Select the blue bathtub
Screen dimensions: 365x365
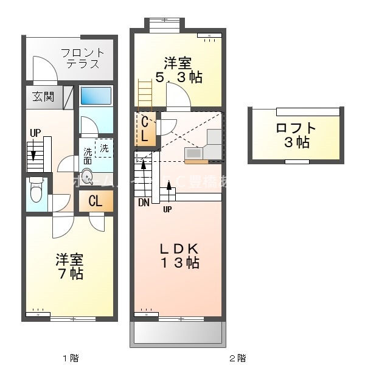[x=96, y=96]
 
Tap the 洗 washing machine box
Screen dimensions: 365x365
[x=105, y=148]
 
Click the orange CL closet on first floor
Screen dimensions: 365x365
[x=96, y=201]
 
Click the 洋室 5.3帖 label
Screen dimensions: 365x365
[x=178, y=70]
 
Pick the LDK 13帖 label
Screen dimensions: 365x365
[x=179, y=255]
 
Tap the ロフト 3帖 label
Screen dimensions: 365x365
[x=296, y=135]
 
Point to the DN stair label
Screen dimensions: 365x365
[x=144, y=203]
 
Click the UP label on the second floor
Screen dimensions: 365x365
[x=167, y=210]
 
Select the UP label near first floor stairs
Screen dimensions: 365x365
[x=36, y=133]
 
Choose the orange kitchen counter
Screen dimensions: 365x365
[x=196, y=161]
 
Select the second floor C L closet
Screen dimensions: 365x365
[x=145, y=128]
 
